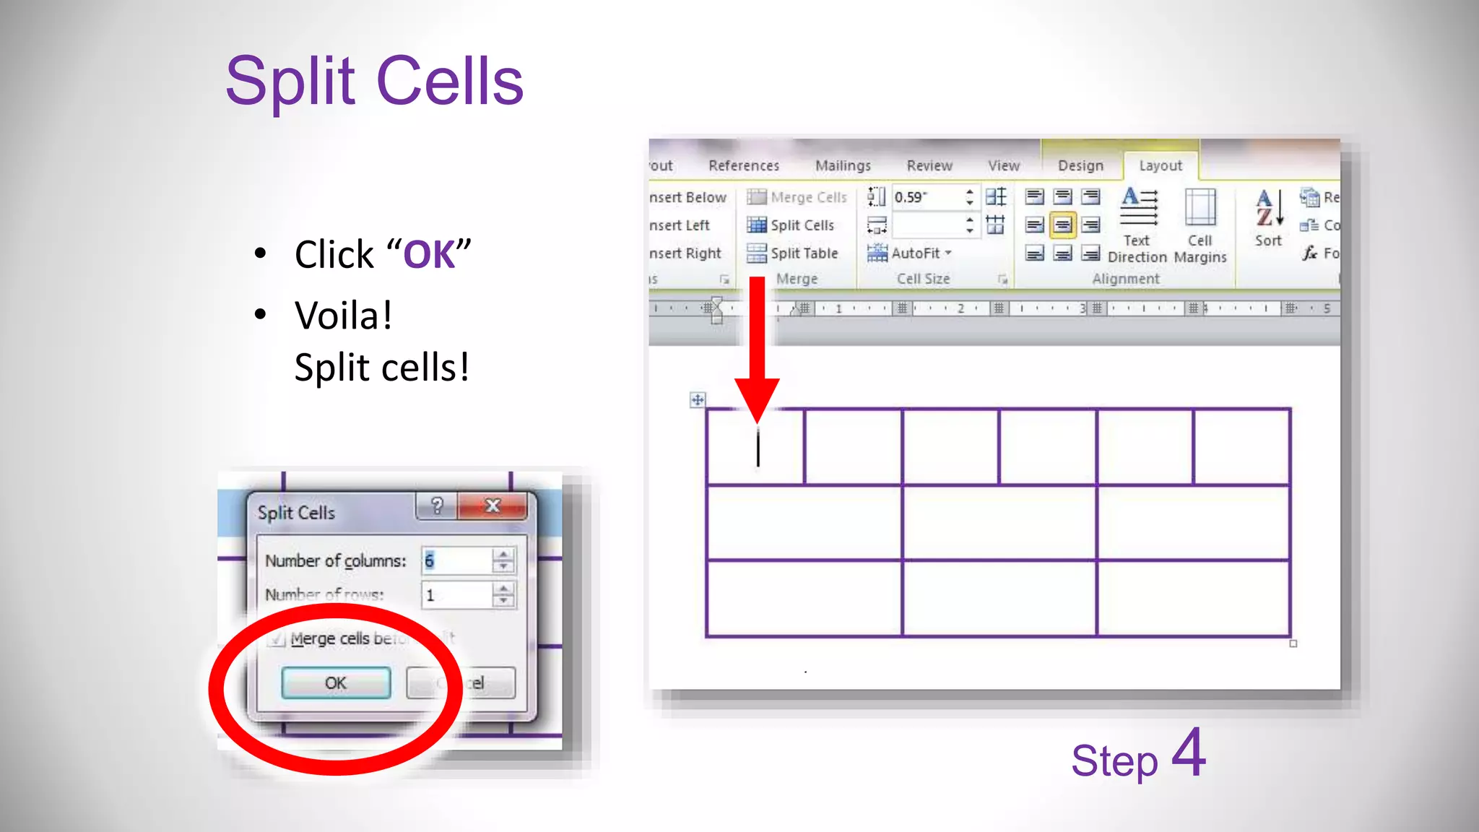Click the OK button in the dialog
[x=336, y=683]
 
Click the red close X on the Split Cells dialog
[x=493, y=506]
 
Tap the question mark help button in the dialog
[x=436, y=506]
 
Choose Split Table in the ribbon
[x=794, y=253]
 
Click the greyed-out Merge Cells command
[x=797, y=197]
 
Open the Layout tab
[x=1161, y=165]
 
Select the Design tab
[x=1080, y=165]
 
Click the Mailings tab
[x=843, y=165]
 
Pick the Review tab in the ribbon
[x=929, y=165]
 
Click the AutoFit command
[x=910, y=253]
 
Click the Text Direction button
[x=1138, y=224]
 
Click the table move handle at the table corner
[x=698, y=399]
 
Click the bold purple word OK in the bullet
[x=429, y=255]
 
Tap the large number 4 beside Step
[x=1189, y=753]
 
